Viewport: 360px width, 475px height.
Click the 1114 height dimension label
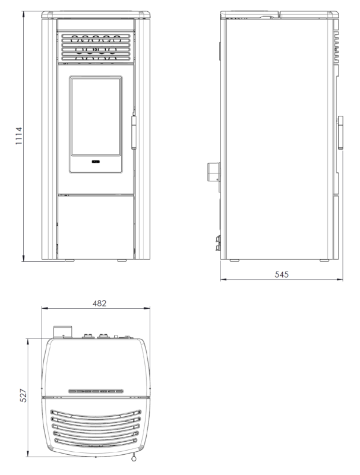pos(19,136)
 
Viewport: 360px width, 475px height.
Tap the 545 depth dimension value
pos(282,274)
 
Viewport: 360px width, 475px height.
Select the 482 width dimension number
pos(99,303)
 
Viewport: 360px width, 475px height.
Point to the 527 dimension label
pos(23,395)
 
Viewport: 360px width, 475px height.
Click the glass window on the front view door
pos(96,116)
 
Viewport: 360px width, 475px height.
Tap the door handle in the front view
pos(134,132)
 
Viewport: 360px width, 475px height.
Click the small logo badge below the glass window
pos(96,161)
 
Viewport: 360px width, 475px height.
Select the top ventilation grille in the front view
pos(96,47)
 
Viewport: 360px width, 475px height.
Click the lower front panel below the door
pos(96,227)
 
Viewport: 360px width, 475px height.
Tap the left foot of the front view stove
pos(70,260)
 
